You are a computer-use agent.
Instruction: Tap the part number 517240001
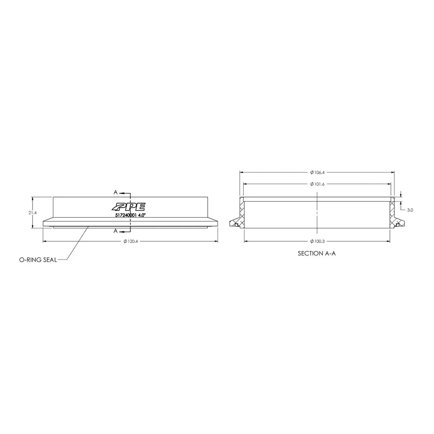pyautogui.click(x=125, y=215)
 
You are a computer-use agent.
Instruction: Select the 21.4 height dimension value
pyautogui.click(x=33, y=213)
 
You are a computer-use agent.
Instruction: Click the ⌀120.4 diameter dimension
pyautogui.click(x=131, y=242)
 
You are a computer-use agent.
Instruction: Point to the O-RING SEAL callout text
pyautogui.click(x=38, y=260)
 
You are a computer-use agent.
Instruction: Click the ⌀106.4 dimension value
pyautogui.click(x=317, y=173)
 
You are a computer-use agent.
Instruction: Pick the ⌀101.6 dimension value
pyautogui.click(x=317, y=184)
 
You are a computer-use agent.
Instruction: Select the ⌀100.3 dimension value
pyautogui.click(x=317, y=242)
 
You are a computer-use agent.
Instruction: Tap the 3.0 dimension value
pyautogui.click(x=410, y=210)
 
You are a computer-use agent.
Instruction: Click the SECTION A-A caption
pyautogui.click(x=317, y=254)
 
